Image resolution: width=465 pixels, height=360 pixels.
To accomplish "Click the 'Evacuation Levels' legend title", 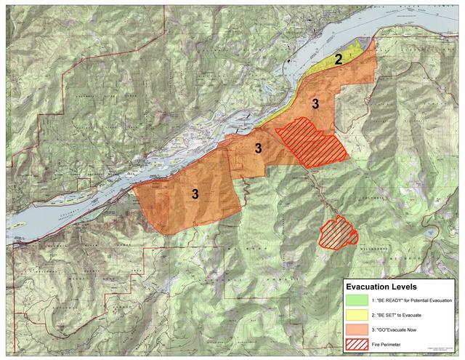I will tap(381, 287).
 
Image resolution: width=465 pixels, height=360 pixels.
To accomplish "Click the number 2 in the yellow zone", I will tap(338, 59).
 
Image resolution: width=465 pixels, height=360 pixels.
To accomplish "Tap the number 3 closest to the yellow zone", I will tap(315, 103).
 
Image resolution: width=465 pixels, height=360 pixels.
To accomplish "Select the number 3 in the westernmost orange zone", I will tap(195, 193).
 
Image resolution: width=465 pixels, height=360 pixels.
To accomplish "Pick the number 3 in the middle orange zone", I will tap(258, 148).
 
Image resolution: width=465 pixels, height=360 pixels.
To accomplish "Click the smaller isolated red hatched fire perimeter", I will tap(338, 233).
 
